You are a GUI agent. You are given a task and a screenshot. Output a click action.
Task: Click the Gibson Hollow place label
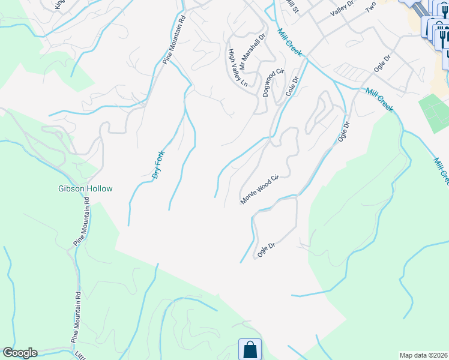pyautogui.click(x=85, y=188)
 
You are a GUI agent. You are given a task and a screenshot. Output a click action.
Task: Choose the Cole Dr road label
pyautogui.click(x=292, y=86)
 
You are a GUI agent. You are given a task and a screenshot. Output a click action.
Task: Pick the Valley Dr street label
pyautogui.click(x=343, y=8)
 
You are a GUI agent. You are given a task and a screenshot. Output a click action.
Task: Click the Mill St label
pyautogui.click(x=292, y=7)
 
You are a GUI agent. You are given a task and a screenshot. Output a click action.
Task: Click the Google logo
pyautogui.click(x=19, y=353)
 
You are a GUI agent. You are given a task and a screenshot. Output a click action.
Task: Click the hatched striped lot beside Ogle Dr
pyautogui.click(x=351, y=73)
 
